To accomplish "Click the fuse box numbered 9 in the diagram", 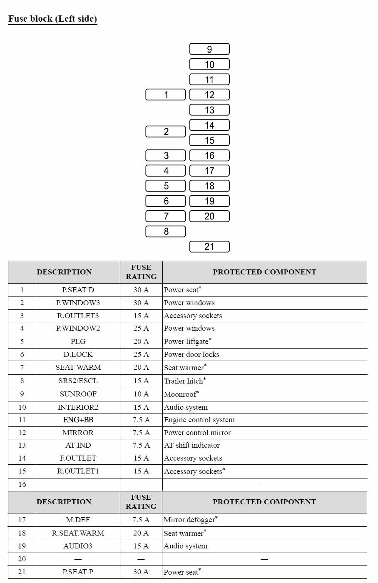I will tap(209, 49).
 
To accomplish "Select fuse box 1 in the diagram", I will tap(166, 95).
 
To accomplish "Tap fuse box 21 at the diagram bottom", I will tap(209, 247).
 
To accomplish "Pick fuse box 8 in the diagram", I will tap(166, 232).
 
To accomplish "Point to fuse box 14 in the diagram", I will tap(209, 125).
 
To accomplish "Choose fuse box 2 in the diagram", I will tap(166, 132).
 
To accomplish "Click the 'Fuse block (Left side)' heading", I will tap(52, 19).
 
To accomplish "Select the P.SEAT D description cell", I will tap(78, 290).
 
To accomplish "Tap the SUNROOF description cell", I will tap(78, 394).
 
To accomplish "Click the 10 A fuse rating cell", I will tap(141, 394).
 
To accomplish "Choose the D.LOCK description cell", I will tap(78, 354).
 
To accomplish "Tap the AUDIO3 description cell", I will tap(78, 546).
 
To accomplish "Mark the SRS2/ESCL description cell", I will tap(78, 381).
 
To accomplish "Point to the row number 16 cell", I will tap(22, 484).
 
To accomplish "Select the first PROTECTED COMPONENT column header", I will tap(264, 272).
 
